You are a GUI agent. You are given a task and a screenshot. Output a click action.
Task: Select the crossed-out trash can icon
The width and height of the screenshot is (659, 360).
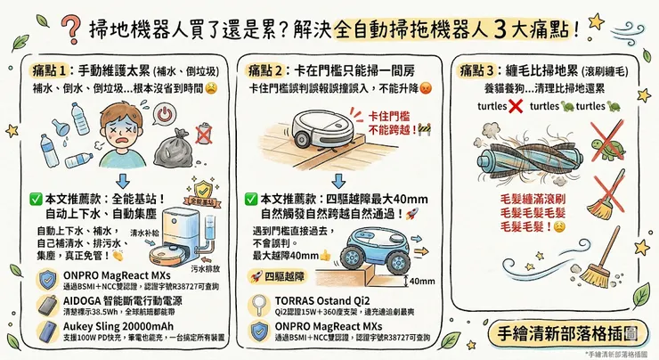pyautogui.click(x=205, y=135)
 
